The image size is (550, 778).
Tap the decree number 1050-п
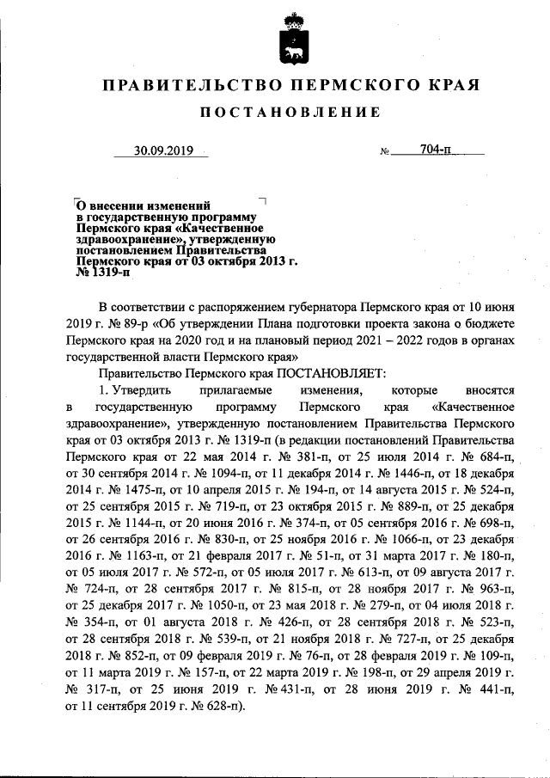click(186, 608)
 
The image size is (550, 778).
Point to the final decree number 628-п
click(217, 707)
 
